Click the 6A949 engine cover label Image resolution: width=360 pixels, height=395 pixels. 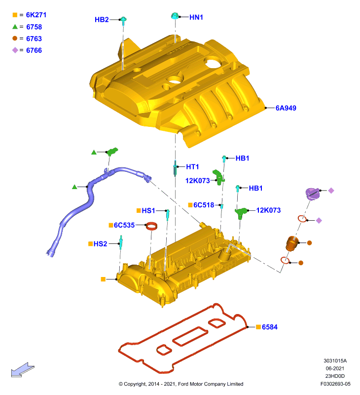pyautogui.click(x=286, y=108)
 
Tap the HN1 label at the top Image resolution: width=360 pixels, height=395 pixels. pyautogui.click(x=196, y=17)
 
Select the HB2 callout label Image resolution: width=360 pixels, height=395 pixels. pyautogui.click(x=102, y=20)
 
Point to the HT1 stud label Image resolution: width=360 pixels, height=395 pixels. pyautogui.click(x=192, y=167)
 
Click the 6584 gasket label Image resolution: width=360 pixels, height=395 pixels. pyautogui.click(x=270, y=327)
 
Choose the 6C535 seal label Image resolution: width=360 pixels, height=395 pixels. pyautogui.click(x=124, y=225)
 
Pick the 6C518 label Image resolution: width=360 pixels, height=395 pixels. pyautogui.click(x=204, y=205)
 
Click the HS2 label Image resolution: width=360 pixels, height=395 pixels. pyautogui.click(x=101, y=244)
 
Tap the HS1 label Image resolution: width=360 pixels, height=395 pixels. pyautogui.click(x=148, y=211)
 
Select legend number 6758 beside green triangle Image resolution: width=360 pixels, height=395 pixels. pyautogui.click(x=34, y=27)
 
